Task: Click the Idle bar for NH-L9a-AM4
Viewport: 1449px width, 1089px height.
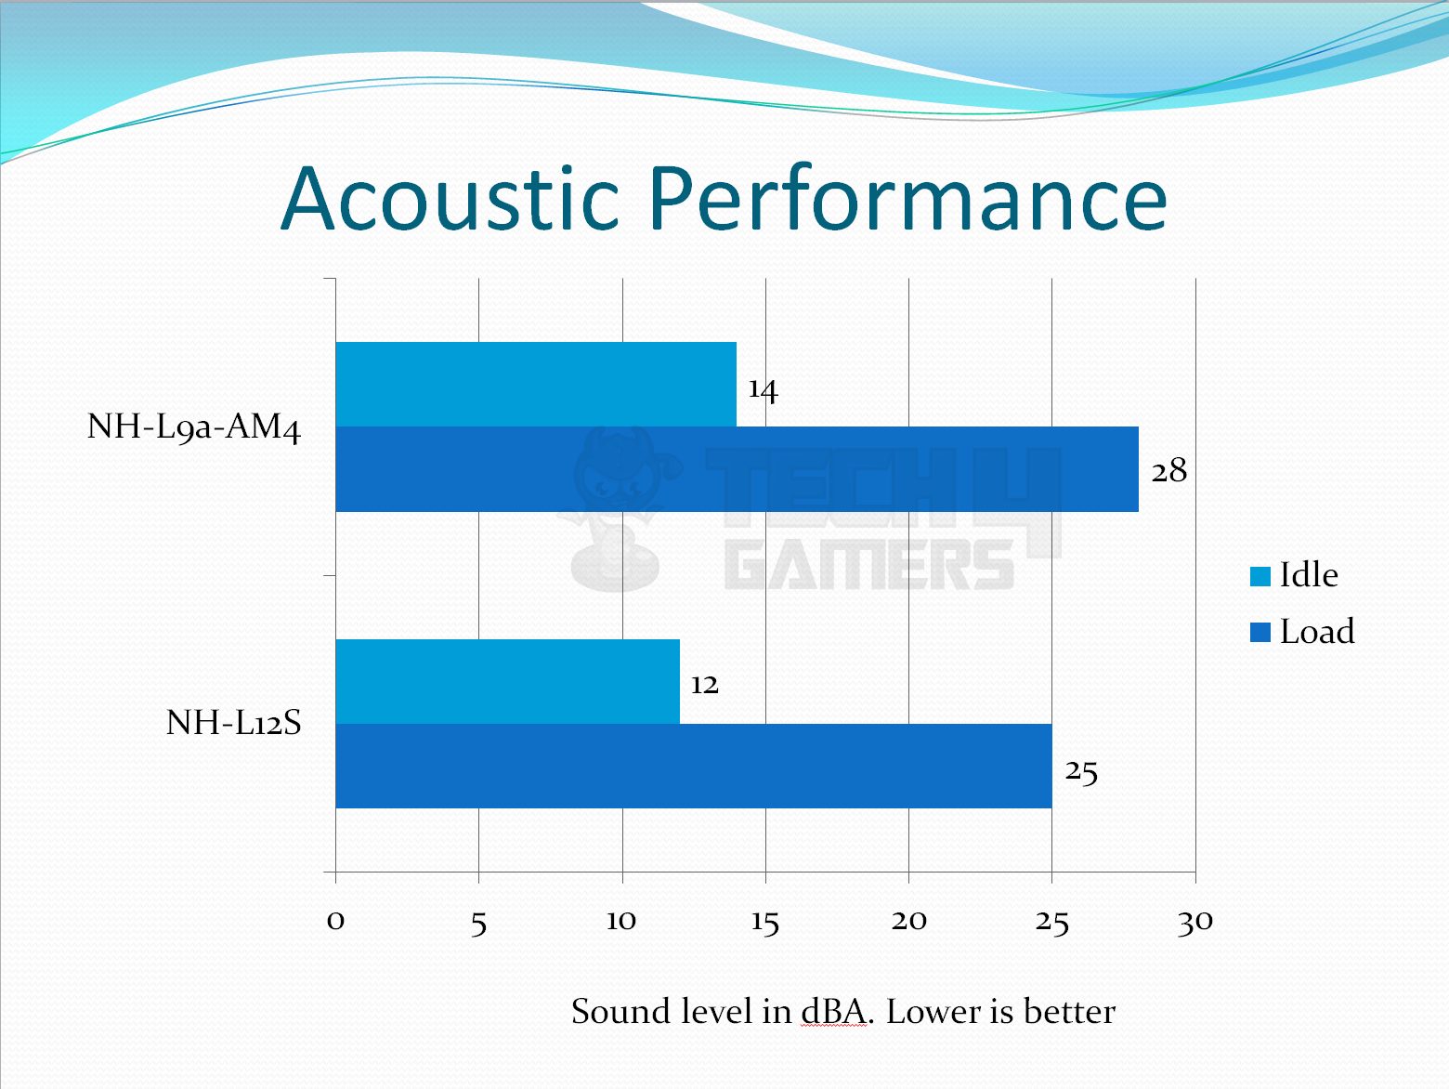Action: (536, 385)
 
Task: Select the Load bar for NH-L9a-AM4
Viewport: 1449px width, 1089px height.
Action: (738, 469)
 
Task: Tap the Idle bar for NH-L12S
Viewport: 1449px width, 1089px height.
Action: (508, 681)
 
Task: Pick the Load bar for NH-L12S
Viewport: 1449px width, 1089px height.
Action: (694, 766)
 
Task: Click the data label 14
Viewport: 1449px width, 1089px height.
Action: (764, 389)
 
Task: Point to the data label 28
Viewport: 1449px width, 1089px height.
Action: (1169, 471)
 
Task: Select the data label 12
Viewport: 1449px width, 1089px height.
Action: (704, 684)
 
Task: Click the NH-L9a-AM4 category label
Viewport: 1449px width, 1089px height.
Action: (194, 427)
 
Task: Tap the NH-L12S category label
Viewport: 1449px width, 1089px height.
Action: (234, 723)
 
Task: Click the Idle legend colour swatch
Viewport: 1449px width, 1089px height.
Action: (1260, 576)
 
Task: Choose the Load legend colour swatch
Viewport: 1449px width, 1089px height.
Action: (1260, 632)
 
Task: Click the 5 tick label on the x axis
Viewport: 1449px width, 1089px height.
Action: (478, 924)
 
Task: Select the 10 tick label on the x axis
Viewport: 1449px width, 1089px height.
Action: (621, 921)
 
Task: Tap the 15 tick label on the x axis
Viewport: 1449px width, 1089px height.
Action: (765, 923)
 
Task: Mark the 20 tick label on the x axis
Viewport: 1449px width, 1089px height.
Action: (909, 921)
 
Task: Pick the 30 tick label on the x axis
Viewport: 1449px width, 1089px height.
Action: (1195, 923)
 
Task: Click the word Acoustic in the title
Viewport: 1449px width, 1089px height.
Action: (450, 199)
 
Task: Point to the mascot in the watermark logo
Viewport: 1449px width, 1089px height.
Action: (618, 509)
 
